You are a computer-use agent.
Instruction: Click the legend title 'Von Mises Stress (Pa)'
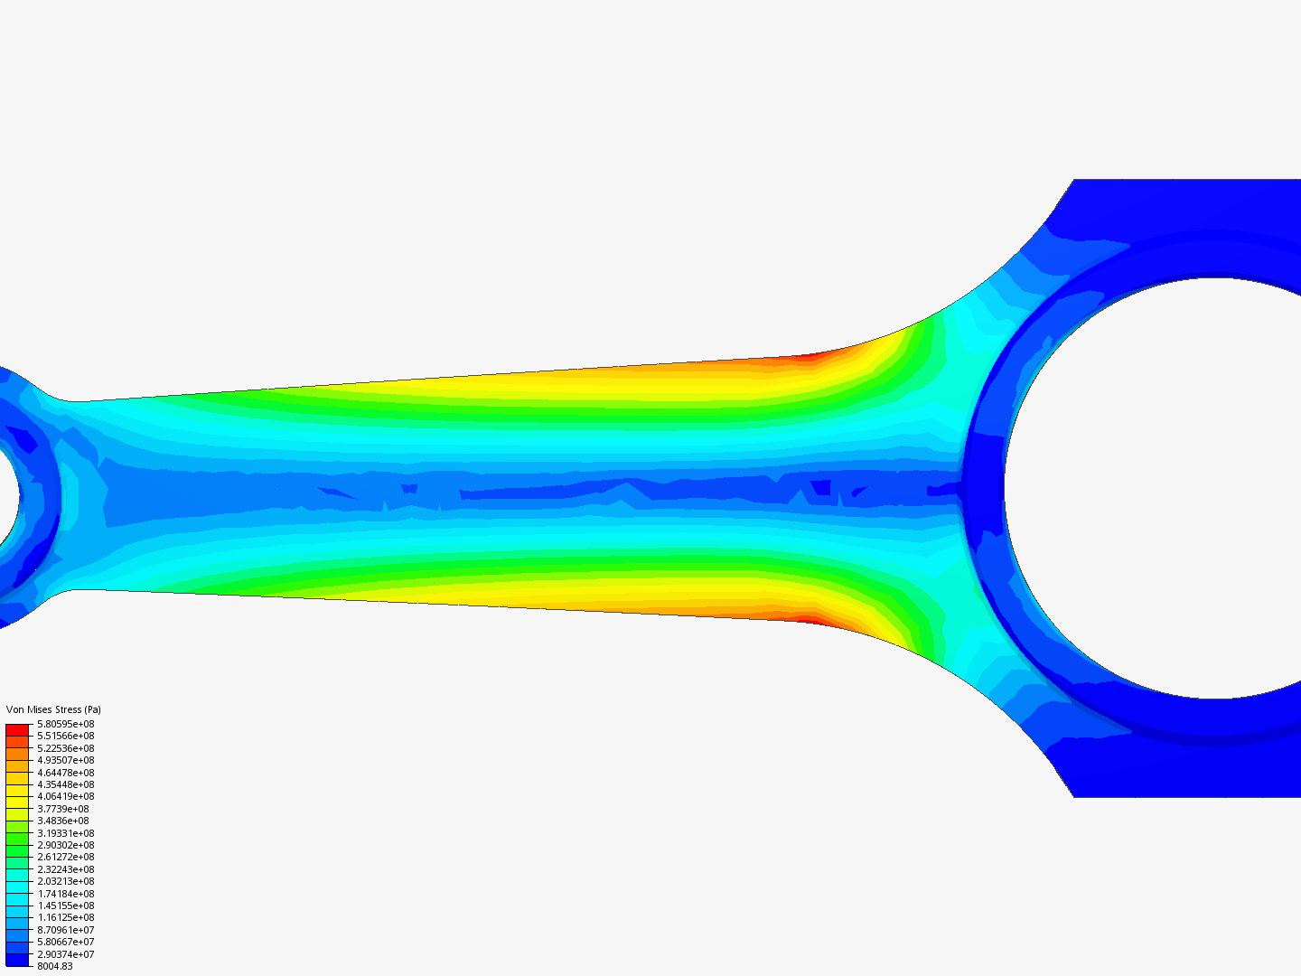53,709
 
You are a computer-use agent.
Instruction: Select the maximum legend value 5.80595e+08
65,724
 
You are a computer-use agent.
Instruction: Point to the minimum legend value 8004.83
55,966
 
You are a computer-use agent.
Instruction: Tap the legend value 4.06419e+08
65,796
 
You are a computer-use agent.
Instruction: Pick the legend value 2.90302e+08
65,845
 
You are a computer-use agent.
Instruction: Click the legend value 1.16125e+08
65,917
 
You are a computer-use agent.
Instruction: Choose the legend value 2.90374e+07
65,954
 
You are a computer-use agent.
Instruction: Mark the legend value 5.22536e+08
65,748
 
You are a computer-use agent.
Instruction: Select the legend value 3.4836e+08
63,821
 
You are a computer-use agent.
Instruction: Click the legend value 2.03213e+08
65,881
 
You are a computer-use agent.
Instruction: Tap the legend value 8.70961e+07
65,930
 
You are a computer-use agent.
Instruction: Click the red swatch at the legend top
17,729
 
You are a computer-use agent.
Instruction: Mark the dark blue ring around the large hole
985,488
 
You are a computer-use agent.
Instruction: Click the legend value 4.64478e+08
65,773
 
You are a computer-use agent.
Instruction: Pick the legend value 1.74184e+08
65,894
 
